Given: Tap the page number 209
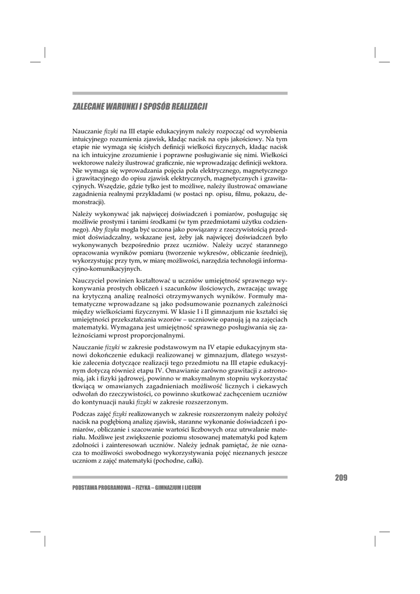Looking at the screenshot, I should tap(341, 477).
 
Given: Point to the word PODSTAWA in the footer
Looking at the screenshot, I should tap(86, 488).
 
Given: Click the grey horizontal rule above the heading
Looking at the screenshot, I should tap(180, 93).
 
